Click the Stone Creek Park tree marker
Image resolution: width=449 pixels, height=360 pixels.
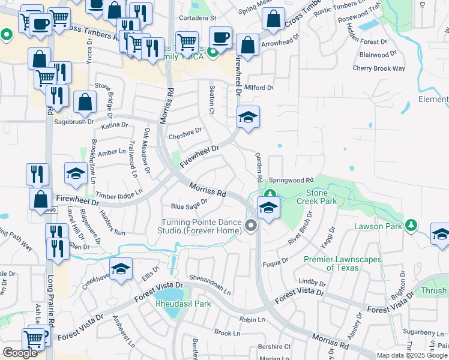[270, 194]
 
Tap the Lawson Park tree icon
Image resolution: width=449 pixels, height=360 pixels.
[411, 225]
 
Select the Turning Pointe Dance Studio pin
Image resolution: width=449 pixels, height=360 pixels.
[251, 226]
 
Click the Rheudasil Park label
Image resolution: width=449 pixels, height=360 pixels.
[184, 304]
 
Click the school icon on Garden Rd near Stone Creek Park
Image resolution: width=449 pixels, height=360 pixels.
[268, 209]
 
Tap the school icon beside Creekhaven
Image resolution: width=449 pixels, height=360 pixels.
[121, 271]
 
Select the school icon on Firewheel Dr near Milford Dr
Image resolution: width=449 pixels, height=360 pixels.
[247, 118]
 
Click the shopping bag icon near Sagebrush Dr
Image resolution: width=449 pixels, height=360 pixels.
[85, 103]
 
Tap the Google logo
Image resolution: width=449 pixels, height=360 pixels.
[20, 353]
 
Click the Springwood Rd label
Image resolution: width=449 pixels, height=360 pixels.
[291, 180]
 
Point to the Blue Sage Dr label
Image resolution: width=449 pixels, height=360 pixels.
[189, 205]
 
